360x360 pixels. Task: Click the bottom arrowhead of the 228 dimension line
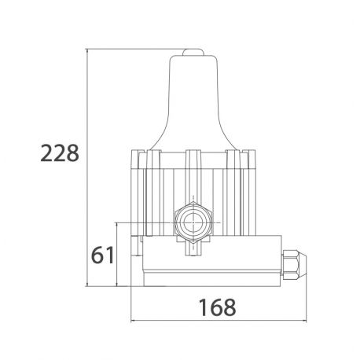pos(89,285)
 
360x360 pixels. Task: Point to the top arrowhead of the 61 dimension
pos(117,224)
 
